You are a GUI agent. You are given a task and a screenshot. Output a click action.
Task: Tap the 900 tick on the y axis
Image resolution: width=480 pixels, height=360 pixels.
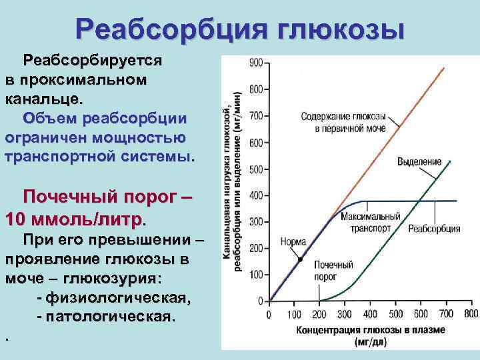click(256, 63)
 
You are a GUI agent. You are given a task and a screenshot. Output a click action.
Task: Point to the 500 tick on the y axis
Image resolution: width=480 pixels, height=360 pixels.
click(256, 169)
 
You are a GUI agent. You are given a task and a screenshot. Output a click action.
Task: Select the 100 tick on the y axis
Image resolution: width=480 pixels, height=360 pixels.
click(256, 275)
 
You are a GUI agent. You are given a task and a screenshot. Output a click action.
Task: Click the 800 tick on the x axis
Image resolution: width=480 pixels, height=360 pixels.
click(471, 314)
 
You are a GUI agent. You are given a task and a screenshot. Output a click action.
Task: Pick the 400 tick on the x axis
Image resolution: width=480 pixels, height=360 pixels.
click(370, 314)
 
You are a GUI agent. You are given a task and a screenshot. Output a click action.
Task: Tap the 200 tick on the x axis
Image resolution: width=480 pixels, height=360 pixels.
click(319, 314)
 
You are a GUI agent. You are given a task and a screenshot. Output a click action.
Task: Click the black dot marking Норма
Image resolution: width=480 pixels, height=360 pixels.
click(301, 259)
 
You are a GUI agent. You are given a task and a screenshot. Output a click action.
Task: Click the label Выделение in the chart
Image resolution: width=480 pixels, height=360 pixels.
click(419, 162)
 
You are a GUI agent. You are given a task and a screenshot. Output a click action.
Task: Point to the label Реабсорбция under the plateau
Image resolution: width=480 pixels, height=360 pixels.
click(435, 229)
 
